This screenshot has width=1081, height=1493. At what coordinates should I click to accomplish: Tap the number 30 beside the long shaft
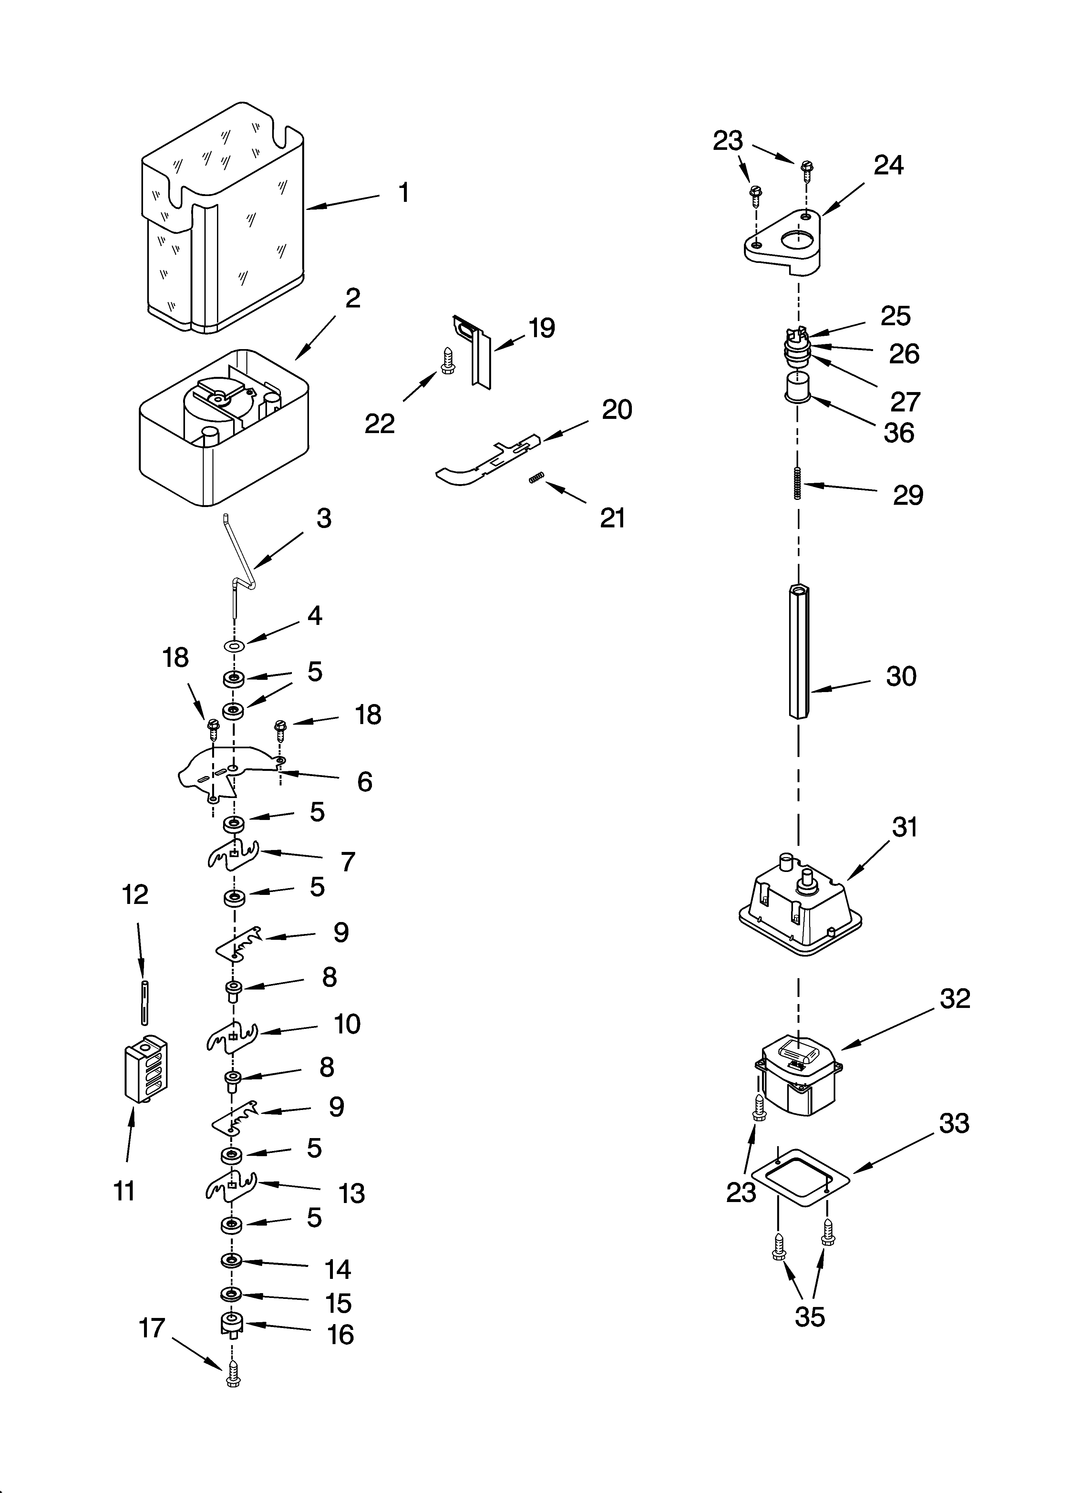coord(901,676)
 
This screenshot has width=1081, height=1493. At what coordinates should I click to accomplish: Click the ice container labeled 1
coord(224,217)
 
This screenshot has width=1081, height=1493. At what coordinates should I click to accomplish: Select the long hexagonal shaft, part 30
coord(798,652)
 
